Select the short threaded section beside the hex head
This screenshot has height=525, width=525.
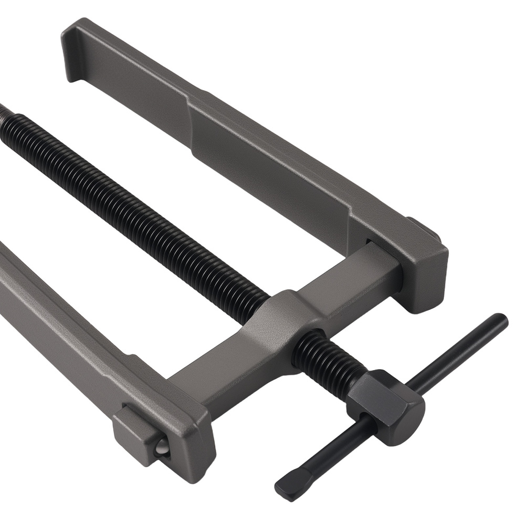(325, 357)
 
